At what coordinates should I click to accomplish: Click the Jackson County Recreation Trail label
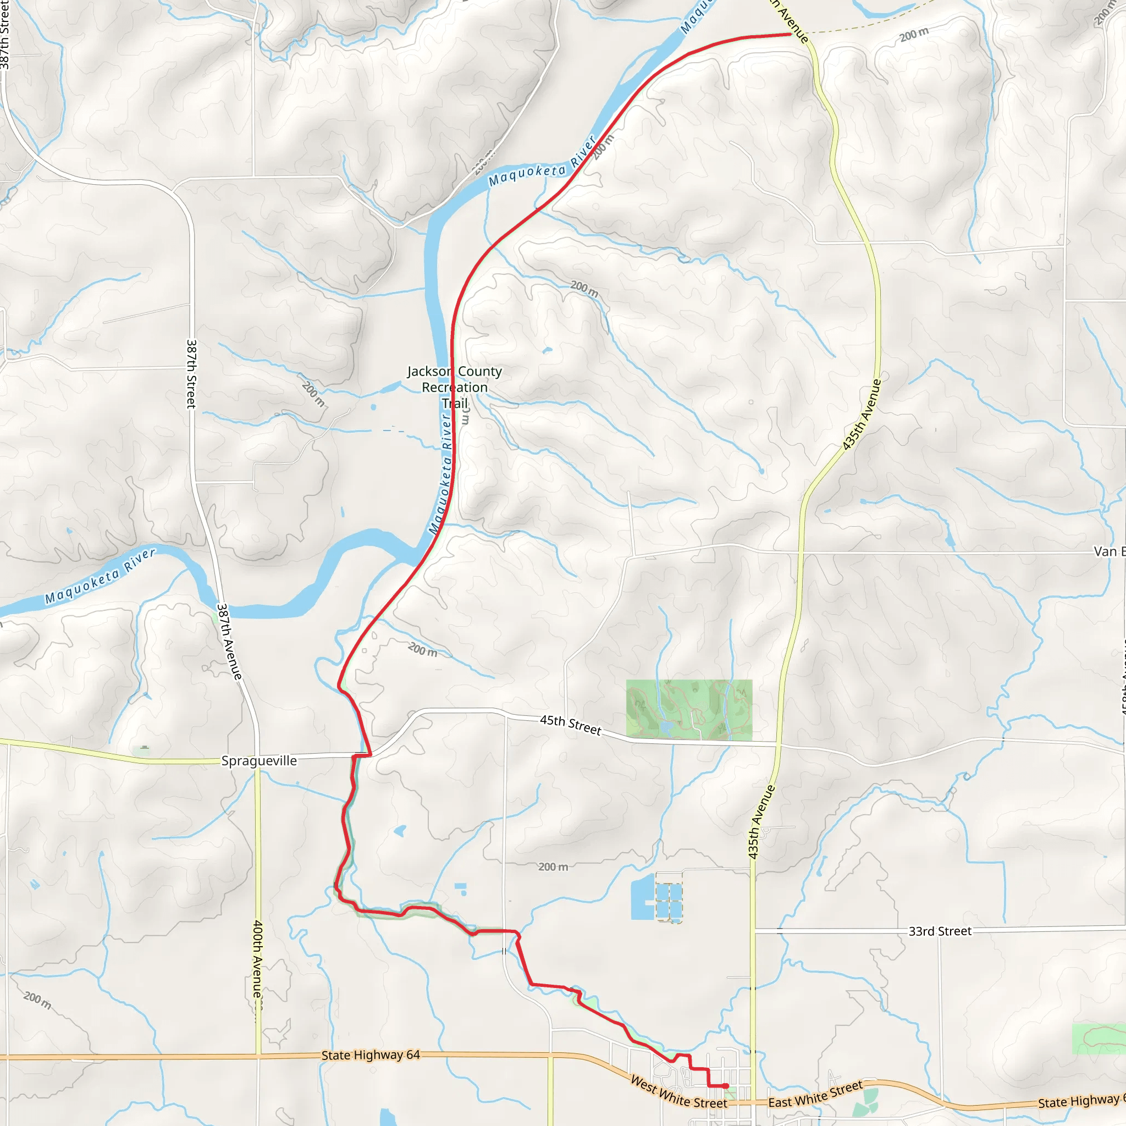(x=454, y=387)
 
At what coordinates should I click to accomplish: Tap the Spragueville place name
(x=259, y=760)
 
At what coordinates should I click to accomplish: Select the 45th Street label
(x=570, y=725)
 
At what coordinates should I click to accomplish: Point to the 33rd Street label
(x=940, y=931)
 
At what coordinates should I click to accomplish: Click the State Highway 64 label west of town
(x=370, y=1055)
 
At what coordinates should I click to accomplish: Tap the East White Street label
(x=815, y=1094)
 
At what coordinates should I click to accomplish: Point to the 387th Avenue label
(x=229, y=641)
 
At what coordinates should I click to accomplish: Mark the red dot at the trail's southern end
(x=726, y=1086)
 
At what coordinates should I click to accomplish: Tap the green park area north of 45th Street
(x=689, y=709)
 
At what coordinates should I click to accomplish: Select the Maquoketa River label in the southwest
(x=100, y=576)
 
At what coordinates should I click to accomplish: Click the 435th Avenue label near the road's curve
(x=862, y=415)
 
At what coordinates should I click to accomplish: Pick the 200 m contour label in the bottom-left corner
(x=37, y=1000)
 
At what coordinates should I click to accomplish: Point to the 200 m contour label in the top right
(x=913, y=35)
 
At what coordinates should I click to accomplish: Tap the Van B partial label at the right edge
(x=1109, y=551)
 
